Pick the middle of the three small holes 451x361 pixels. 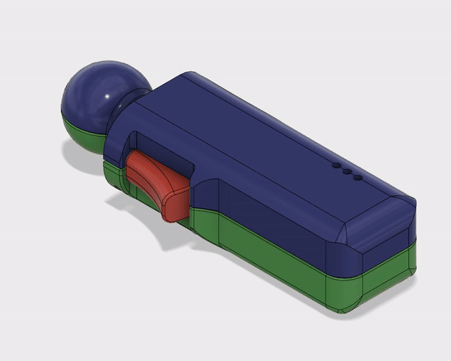pos(347,171)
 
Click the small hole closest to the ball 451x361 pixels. pos(335,165)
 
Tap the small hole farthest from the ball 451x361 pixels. pos(358,178)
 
